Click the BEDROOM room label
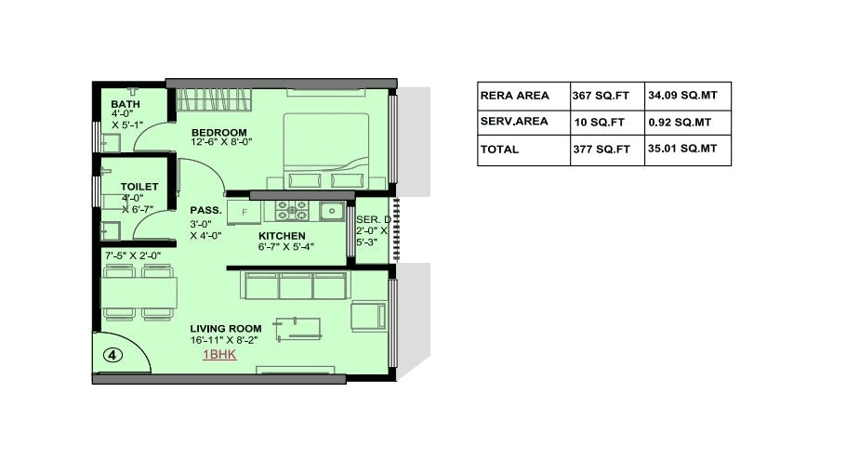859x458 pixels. pos(219,132)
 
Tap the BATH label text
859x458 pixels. pos(126,104)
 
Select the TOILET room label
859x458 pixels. pos(139,187)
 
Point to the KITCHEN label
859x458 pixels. pos(283,236)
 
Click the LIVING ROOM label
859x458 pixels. pos(226,329)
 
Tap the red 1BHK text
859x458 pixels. pos(218,354)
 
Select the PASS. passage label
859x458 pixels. pos(205,211)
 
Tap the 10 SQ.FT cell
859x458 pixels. pos(600,122)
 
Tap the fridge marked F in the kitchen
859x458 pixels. pos(244,211)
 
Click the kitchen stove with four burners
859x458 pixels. pos(295,210)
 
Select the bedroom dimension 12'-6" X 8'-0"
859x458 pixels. pos(222,143)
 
